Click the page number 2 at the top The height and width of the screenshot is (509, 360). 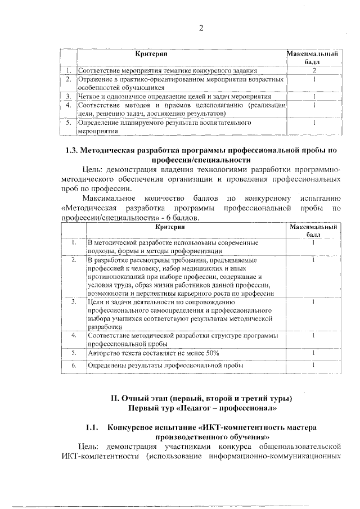201,28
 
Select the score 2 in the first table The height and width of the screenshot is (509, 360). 314,71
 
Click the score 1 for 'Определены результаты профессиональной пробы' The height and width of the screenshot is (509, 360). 313,365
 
